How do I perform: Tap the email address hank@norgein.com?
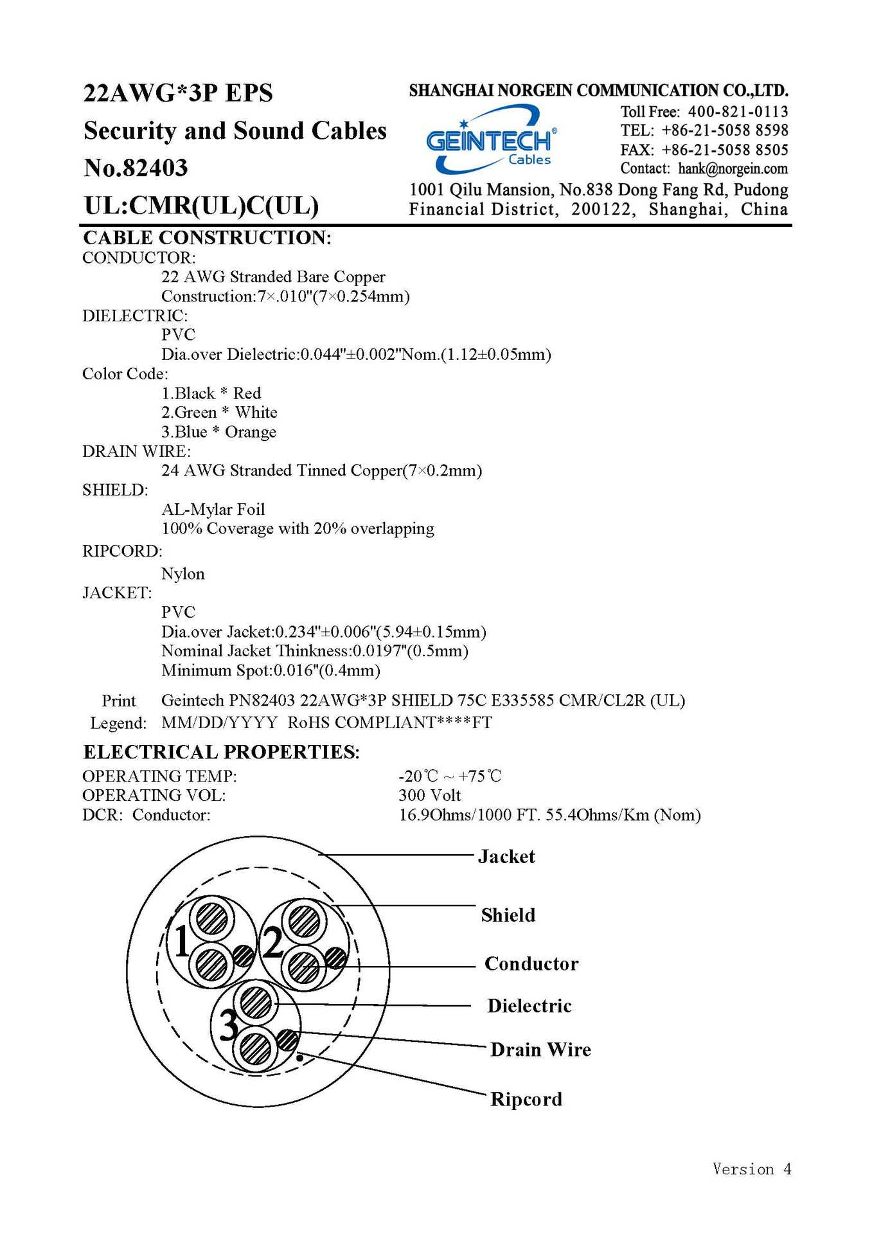733,169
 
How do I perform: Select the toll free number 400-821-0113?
738,111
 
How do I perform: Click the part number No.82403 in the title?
136,168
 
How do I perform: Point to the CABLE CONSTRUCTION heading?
207,238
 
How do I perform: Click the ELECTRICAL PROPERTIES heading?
221,752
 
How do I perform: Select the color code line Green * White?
219,413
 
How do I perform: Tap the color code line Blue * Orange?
218,432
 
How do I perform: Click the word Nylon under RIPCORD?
182,574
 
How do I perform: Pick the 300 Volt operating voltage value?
429,796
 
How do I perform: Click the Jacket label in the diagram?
506,857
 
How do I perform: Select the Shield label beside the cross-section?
508,915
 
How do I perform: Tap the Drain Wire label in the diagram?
540,1050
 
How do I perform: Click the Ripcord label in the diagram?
526,1099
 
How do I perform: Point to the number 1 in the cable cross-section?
181,942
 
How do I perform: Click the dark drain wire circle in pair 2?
335,958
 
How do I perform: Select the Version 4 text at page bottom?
751,1169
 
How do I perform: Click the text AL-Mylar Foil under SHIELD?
213,510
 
